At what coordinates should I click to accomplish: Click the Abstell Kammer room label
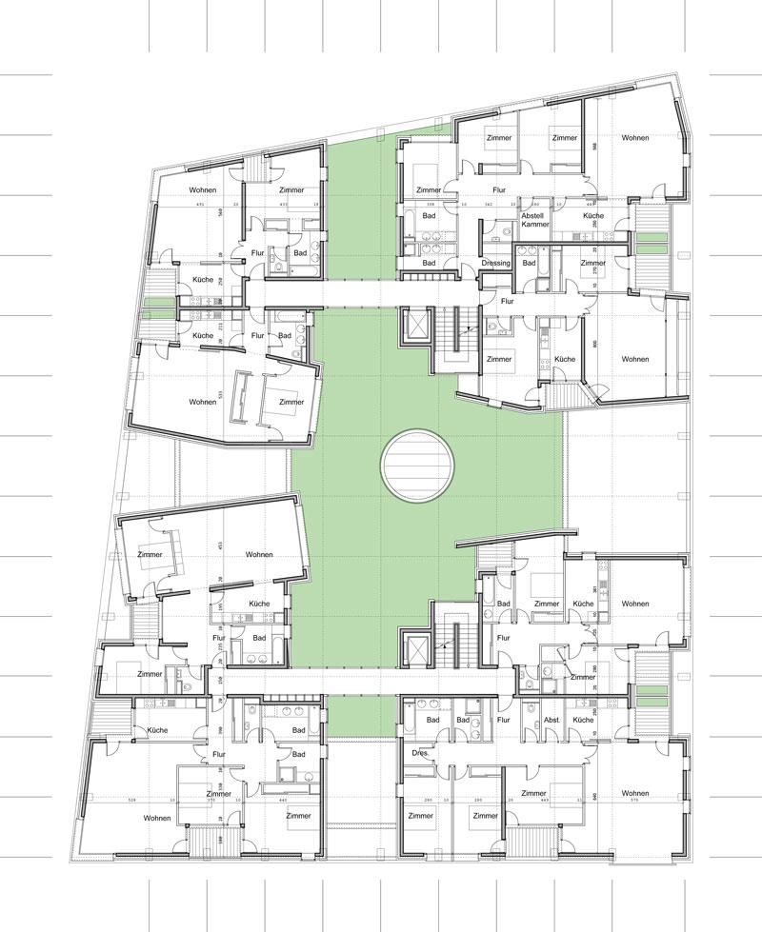click(x=531, y=222)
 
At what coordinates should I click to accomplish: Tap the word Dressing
click(x=496, y=263)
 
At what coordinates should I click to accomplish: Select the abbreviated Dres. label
click(x=418, y=752)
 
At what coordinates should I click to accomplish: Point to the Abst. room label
click(x=551, y=721)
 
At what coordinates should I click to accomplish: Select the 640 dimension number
click(x=594, y=796)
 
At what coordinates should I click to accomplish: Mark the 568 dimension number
click(x=220, y=210)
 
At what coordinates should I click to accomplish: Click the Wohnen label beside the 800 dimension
click(x=635, y=359)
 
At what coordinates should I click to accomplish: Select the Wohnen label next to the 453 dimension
click(x=258, y=554)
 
